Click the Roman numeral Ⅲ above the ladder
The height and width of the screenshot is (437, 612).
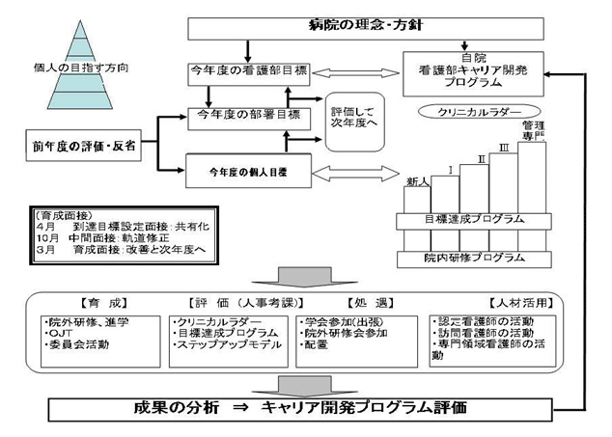[504, 147]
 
